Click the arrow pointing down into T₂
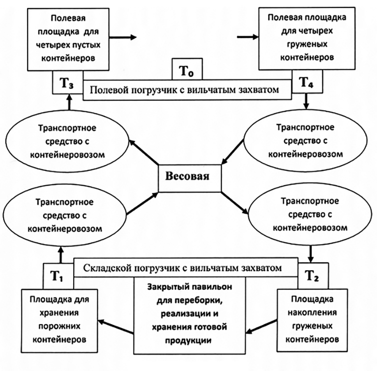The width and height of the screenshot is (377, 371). (x=311, y=253)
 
